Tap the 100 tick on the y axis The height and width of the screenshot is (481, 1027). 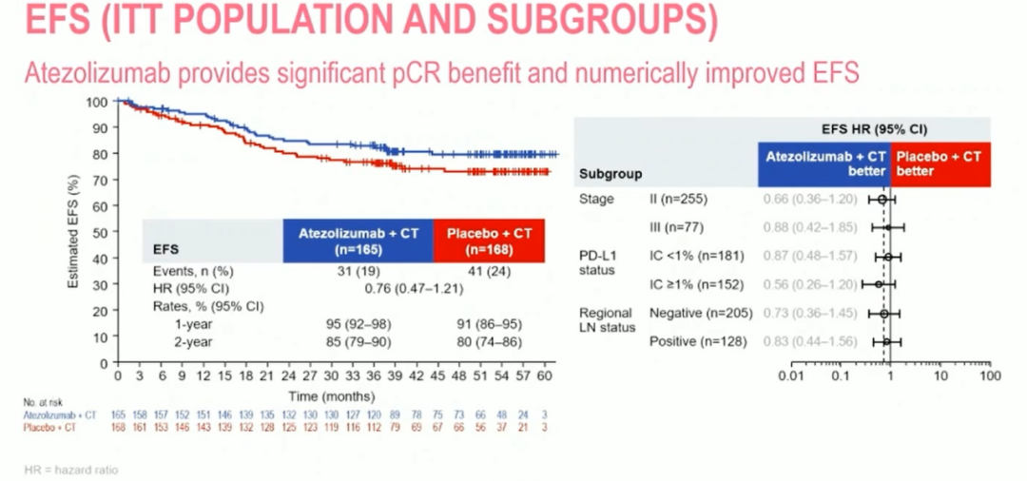(x=98, y=101)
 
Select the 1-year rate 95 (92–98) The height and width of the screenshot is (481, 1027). (x=358, y=323)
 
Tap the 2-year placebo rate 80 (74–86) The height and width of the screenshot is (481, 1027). (x=489, y=341)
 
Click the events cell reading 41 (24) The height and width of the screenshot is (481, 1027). (x=489, y=270)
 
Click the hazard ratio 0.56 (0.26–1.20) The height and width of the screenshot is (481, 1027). (x=810, y=284)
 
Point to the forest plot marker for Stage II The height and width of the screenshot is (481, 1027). (x=882, y=200)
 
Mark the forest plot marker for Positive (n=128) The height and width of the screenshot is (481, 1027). (x=886, y=341)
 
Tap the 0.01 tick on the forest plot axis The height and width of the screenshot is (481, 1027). (x=790, y=376)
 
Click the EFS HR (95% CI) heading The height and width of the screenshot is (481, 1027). (x=874, y=128)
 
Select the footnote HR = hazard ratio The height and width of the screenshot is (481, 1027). (x=70, y=470)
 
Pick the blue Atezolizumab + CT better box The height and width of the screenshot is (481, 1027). (x=824, y=164)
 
